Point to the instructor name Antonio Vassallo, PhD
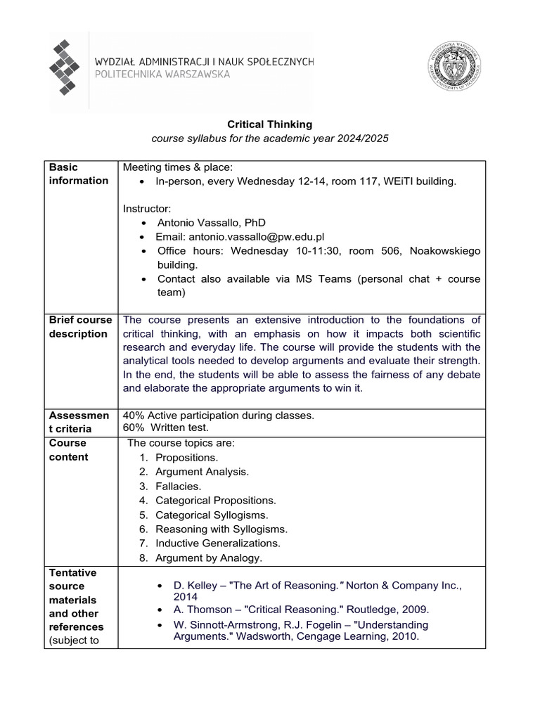[211, 223]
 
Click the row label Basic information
[78, 174]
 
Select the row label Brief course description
[79, 326]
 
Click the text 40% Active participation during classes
[219, 415]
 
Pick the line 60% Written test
[166, 427]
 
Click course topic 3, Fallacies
[178, 486]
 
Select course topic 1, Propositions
[186, 458]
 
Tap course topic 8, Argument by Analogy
[208, 558]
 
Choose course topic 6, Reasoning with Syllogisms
[221, 529]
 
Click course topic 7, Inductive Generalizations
[217, 543]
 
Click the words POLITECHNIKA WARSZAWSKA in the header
[162, 75]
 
